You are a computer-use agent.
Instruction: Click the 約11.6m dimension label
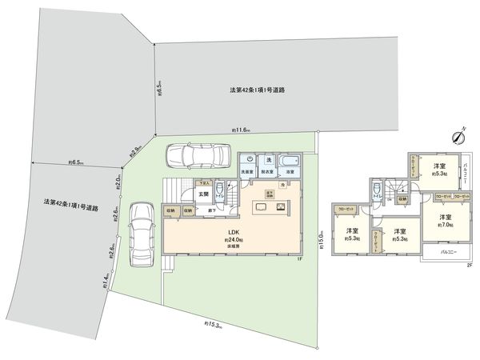[241, 130]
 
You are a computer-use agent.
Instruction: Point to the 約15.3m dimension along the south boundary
[213, 325]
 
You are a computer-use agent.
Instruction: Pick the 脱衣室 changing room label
[269, 172]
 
